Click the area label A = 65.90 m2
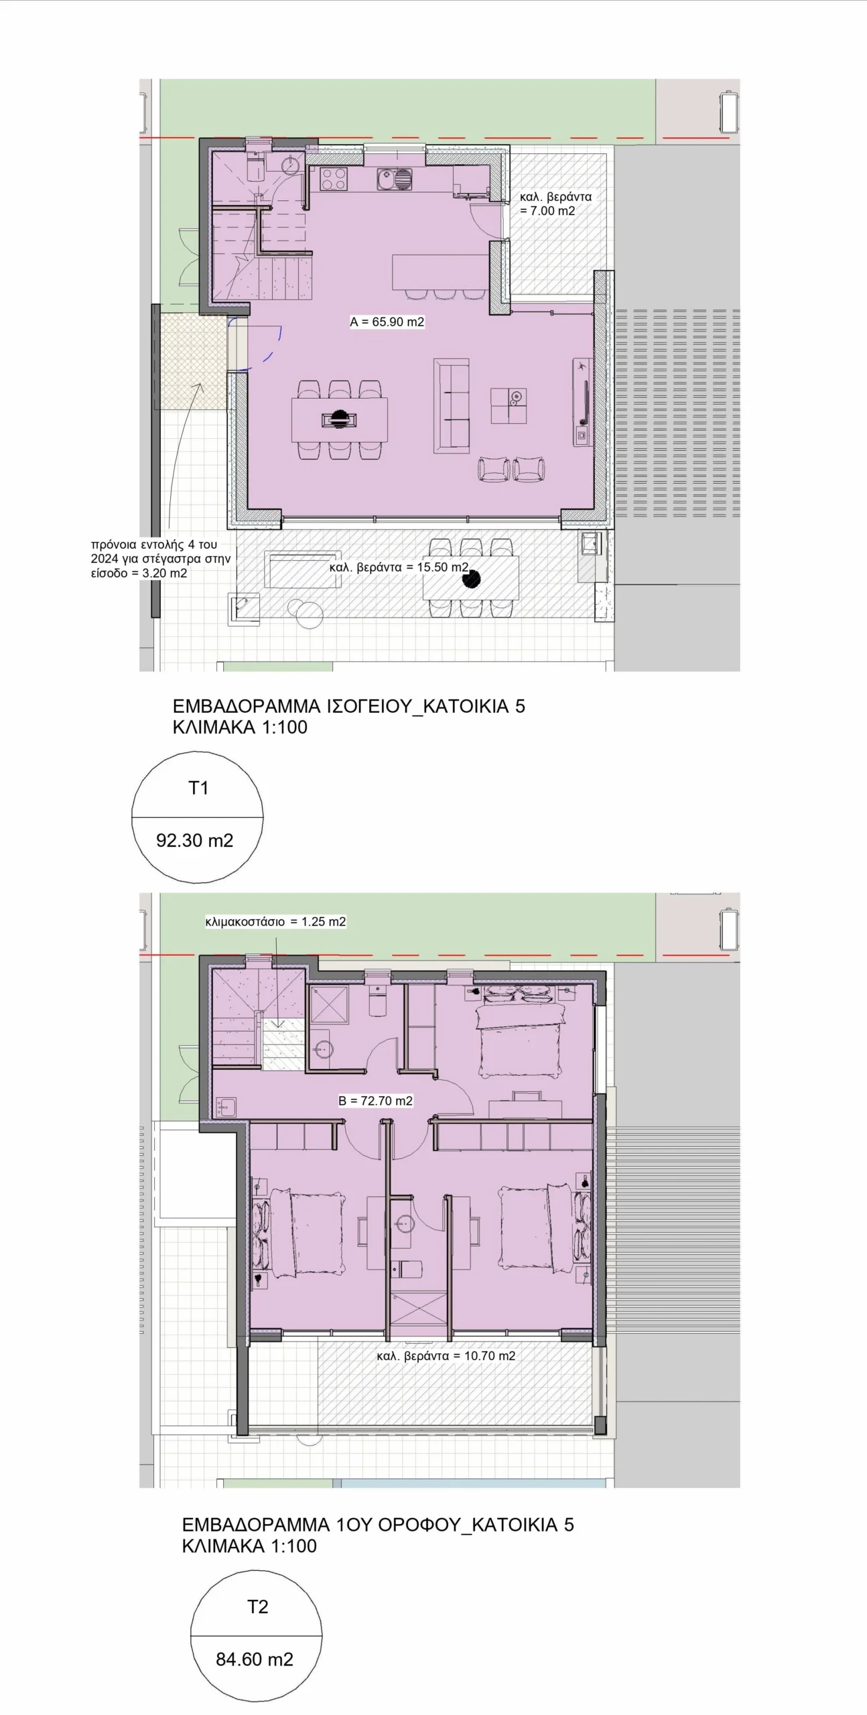point(387,322)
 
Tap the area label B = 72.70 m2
point(375,1101)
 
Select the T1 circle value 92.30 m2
point(194,840)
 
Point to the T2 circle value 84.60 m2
point(254,1659)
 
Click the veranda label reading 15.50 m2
point(399,567)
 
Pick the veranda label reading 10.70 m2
point(446,1356)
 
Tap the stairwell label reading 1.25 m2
point(275,921)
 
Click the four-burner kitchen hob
point(334,179)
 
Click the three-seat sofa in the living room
point(452,405)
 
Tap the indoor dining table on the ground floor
point(339,419)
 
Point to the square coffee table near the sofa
point(508,405)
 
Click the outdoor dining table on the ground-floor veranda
point(471,577)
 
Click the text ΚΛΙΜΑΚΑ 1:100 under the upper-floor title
point(249,1546)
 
